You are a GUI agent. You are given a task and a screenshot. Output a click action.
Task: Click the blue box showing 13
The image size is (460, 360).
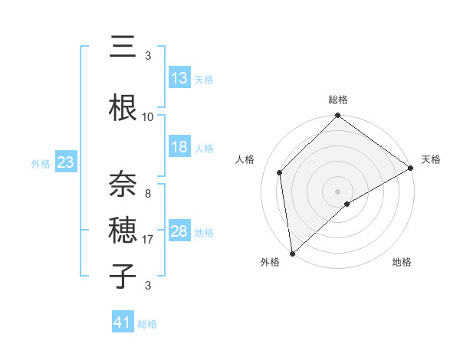(x=179, y=78)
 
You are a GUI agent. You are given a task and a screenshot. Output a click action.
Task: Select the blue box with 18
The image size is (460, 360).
(x=179, y=148)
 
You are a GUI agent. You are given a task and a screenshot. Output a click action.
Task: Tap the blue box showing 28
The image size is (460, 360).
(x=179, y=231)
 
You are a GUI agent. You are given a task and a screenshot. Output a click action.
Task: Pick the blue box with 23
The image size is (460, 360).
(x=65, y=162)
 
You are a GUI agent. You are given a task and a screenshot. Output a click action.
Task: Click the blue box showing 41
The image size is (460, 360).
(x=123, y=322)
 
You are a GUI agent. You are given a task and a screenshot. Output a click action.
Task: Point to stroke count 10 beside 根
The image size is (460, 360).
(x=148, y=117)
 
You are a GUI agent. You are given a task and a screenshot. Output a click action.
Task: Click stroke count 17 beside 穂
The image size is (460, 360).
(x=148, y=240)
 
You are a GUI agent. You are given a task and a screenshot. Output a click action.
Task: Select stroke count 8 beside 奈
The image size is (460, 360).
(x=148, y=194)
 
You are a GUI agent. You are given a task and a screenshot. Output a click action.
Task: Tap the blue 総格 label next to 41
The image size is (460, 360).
(x=147, y=324)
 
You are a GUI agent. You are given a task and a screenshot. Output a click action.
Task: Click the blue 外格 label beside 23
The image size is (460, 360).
(x=41, y=164)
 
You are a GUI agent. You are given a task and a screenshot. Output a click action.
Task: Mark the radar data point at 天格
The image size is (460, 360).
(x=411, y=168)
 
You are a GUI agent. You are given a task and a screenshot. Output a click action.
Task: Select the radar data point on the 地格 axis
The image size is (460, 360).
(x=347, y=204)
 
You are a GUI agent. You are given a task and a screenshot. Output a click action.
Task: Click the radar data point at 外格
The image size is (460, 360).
(x=291, y=253)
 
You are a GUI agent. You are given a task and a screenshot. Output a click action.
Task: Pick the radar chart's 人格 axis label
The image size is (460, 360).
(x=245, y=159)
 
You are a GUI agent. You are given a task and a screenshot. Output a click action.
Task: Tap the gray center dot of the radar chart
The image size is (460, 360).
(x=337, y=190)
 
